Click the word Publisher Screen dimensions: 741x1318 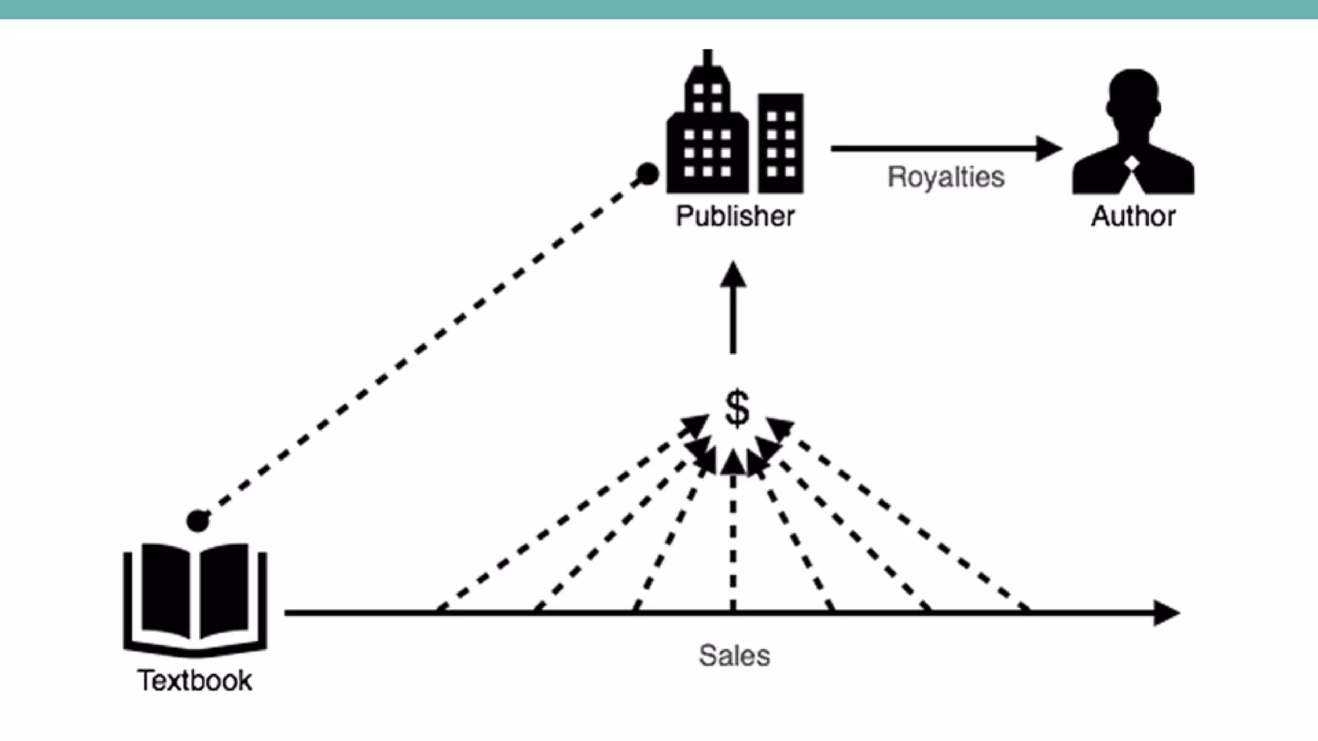[x=735, y=216]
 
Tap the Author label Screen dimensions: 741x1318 [x=1133, y=216]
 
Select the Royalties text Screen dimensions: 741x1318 [x=945, y=177]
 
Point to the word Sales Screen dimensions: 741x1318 [x=734, y=656]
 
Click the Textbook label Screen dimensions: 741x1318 [x=194, y=681]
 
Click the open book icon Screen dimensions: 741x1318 [x=195, y=595]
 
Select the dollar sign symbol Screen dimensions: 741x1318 [x=737, y=408]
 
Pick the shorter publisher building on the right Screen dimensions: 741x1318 [x=781, y=143]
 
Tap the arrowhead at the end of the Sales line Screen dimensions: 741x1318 [x=1166, y=613]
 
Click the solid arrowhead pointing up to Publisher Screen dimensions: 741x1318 [x=733, y=275]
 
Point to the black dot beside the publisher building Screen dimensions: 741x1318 [x=647, y=174]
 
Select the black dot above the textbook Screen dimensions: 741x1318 [x=198, y=521]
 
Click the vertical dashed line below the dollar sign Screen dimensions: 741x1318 [x=733, y=547]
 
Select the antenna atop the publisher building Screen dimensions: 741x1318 [x=708, y=58]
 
